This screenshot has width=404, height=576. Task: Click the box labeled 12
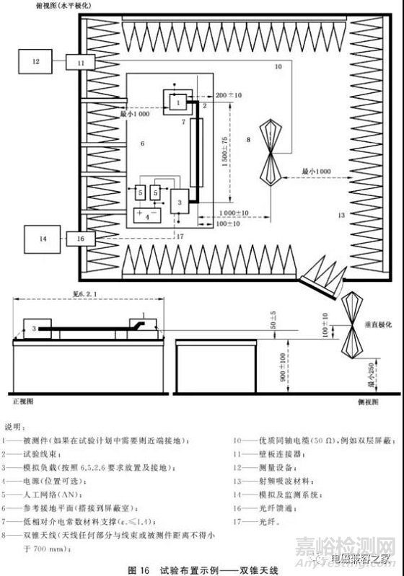click(x=36, y=63)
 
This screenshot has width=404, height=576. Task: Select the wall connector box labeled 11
click(x=82, y=63)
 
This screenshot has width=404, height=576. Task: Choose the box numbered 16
click(x=81, y=236)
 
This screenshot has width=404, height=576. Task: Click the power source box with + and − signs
click(x=147, y=215)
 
